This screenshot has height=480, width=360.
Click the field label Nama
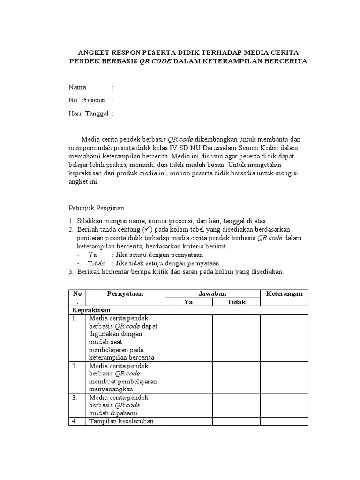[77, 87]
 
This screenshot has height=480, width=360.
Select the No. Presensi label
[87, 100]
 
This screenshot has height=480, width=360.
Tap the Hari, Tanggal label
[89, 113]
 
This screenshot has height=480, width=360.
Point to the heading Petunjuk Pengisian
[98, 208]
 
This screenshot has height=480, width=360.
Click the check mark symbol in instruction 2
[147, 229]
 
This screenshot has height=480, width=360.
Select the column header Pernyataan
[125, 293]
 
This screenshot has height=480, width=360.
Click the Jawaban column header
[212, 293]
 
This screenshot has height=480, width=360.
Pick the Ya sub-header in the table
[188, 302]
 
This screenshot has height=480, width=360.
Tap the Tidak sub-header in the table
[237, 302]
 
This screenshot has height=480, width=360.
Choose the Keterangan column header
[284, 293]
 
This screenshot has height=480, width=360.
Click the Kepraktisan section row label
[90, 310]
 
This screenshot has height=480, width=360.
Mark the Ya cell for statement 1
[188, 337]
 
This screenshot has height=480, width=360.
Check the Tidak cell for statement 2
[237, 377]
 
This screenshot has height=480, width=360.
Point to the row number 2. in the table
[75, 366]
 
